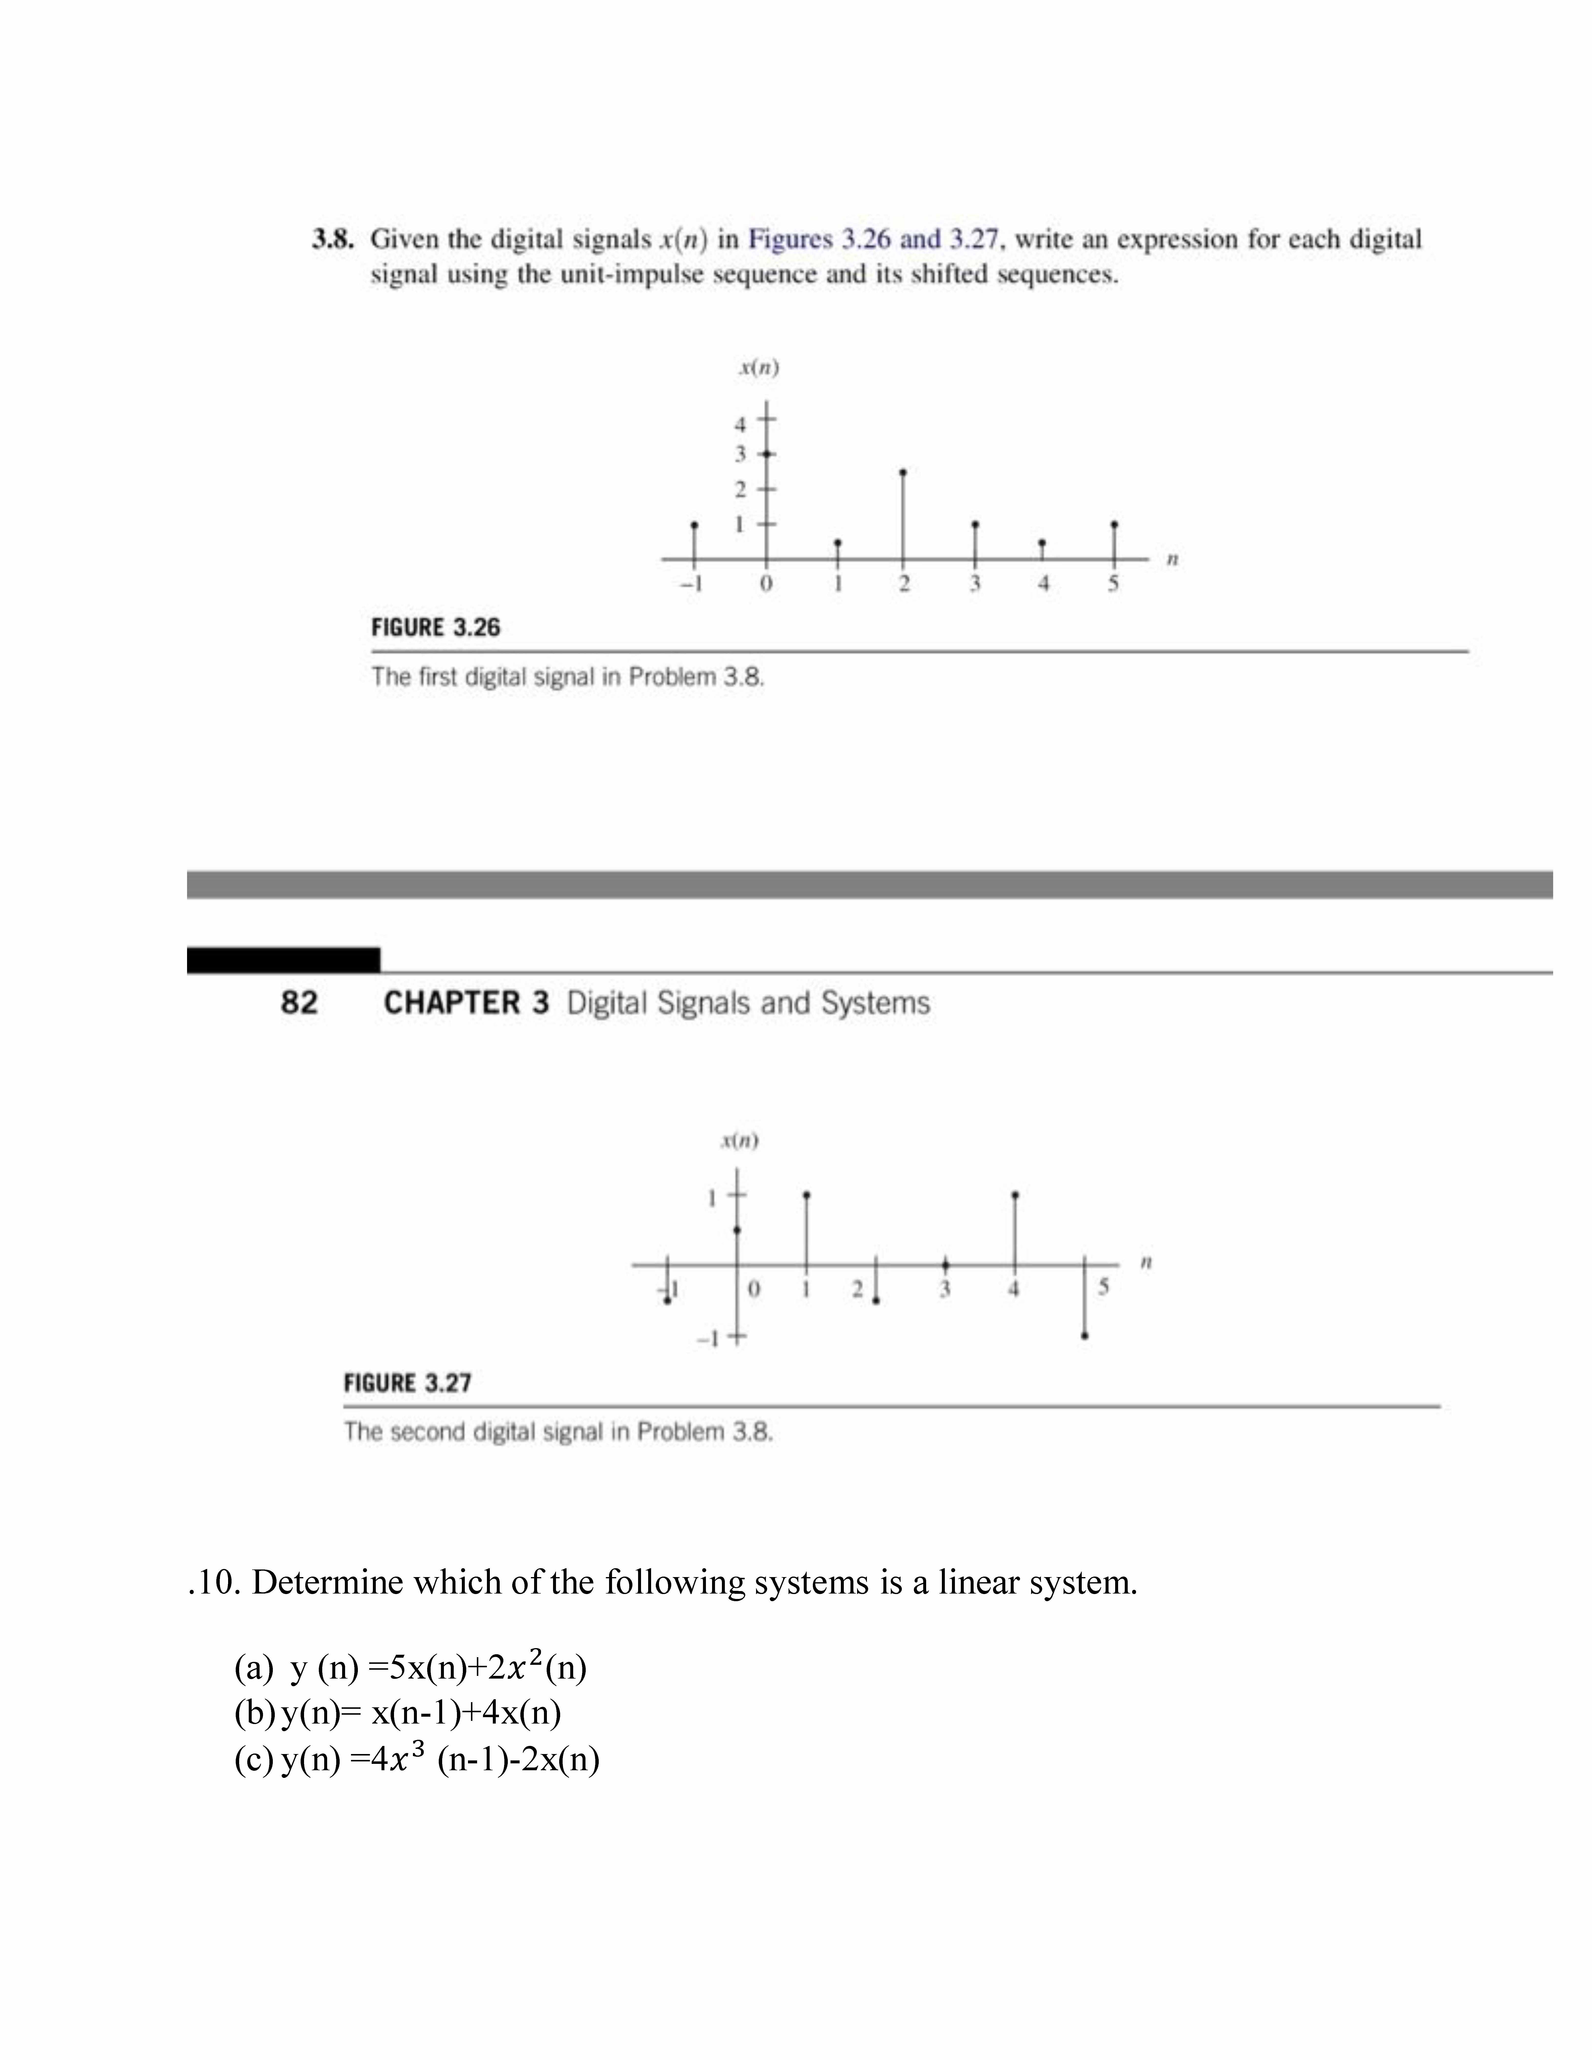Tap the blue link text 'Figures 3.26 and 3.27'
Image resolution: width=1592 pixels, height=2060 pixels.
[x=872, y=240]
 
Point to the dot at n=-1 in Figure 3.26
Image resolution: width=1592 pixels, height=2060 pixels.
[x=695, y=524]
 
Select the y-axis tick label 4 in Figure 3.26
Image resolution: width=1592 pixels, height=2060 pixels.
[x=740, y=424]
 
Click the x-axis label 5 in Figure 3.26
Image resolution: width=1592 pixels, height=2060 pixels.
[x=1113, y=584]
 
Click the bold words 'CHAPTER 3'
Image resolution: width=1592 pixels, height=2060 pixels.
[x=466, y=1003]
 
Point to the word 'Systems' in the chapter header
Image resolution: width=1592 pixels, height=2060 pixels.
[x=875, y=1003]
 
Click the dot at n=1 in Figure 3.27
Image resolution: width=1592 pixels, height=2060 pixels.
[x=806, y=1195]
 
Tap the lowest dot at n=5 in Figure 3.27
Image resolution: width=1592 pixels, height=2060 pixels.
[x=1085, y=1335]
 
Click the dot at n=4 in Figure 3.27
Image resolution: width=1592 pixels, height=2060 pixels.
[x=1015, y=1195]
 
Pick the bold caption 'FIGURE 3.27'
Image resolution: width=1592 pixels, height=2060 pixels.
[x=408, y=1384]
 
